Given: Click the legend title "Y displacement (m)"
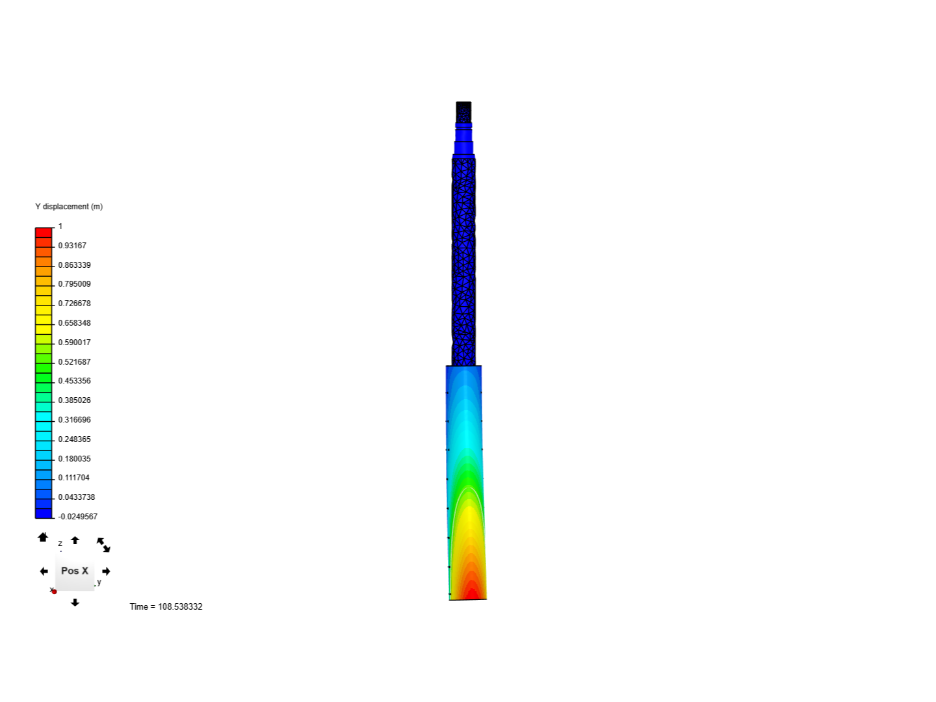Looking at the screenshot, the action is pyautogui.click(x=69, y=207).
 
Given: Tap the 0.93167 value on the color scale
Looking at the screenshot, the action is pyautogui.click(x=72, y=246).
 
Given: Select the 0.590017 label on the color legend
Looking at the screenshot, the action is pyautogui.click(x=74, y=343).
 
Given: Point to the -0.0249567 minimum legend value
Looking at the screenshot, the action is pyautogui.click(x=77, y=517).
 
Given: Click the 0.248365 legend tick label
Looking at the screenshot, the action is pyautogui.click(x=74, y=439).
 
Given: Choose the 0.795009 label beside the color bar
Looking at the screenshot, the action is pyautogui.click(x=74, y=284).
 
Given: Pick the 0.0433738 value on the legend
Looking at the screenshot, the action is pyautogui.click(x=76, y=497).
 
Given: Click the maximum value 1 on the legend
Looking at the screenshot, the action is pyautogui.click(x=60, y=226).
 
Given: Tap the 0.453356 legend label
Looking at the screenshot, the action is pyautogui.click(x=74, y=381).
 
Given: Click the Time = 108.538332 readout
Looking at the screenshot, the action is pyautogui.click(x=166, y=606).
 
